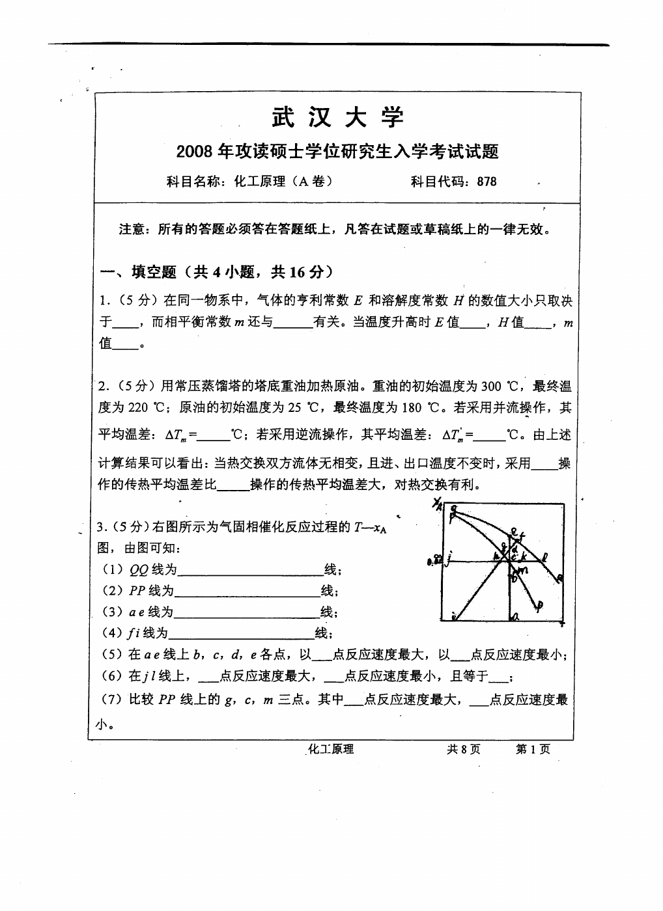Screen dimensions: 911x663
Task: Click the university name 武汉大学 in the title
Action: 337,117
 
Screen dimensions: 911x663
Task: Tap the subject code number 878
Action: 487,182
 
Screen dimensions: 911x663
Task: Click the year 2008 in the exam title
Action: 195,152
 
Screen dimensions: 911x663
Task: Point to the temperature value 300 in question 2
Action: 490,387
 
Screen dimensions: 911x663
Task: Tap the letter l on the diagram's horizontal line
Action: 544,556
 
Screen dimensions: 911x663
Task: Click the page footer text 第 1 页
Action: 533,750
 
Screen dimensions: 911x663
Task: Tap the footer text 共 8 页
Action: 464,750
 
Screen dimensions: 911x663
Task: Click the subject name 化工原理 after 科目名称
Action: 260,182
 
